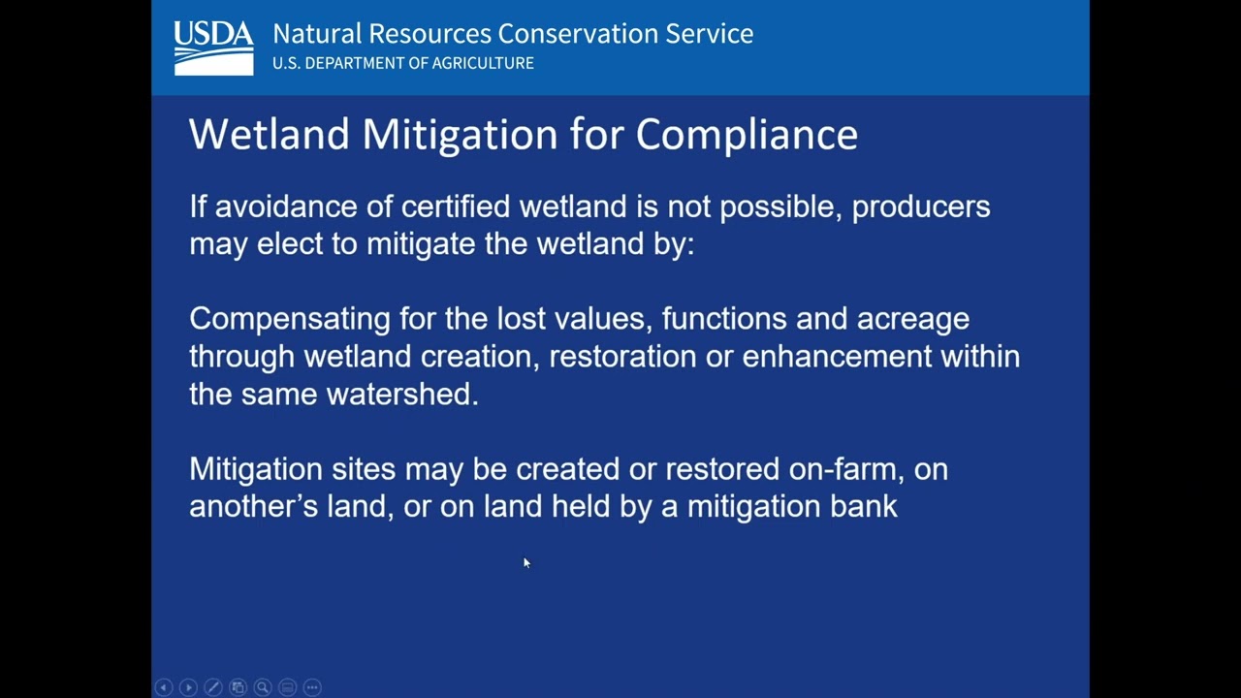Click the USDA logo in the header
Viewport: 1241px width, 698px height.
coord(214,48)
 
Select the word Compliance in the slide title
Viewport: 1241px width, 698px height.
coord(747,135)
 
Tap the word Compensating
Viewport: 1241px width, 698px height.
coord(290,320)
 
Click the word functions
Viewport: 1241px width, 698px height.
coord(724,319)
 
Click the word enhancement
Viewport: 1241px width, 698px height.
coord(837,356)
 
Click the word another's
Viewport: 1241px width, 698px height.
coord(254,506)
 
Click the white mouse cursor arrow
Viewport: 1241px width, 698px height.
coord(526,563)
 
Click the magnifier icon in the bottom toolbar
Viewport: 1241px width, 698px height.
coord(263,687)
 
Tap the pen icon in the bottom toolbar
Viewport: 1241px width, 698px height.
coord(213,687)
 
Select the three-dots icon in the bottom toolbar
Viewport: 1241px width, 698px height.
coord(312,687)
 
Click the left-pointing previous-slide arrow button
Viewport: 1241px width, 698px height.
coord(164,687)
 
